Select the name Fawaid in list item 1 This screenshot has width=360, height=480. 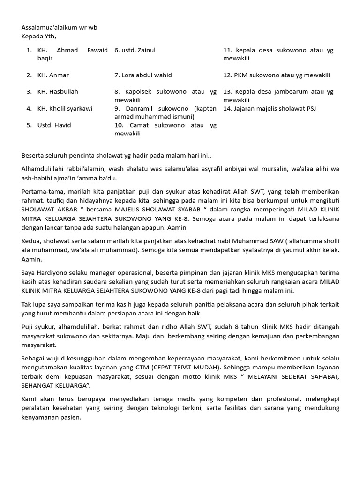click(x=97, y=50)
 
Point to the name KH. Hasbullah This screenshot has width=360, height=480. click(x=58, y=92)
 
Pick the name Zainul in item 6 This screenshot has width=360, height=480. click(x=147, y=50)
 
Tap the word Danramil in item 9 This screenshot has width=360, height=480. click(x=140, y=109)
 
